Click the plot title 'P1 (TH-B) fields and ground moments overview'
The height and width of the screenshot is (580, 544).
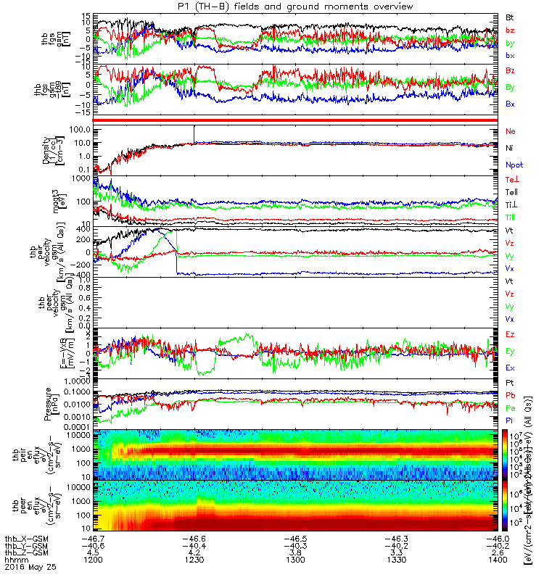[272, 7]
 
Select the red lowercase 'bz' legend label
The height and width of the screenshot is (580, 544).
[510, 30]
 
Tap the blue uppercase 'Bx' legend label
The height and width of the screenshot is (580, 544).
[510, 104]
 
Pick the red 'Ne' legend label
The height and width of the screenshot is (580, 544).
[510, 130]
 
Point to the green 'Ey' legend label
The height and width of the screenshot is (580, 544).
[510, 352]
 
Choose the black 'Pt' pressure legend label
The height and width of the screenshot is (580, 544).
[510, 381]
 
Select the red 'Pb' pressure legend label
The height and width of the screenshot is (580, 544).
[510, 396]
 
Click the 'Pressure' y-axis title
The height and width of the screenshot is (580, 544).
[47, 403]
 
